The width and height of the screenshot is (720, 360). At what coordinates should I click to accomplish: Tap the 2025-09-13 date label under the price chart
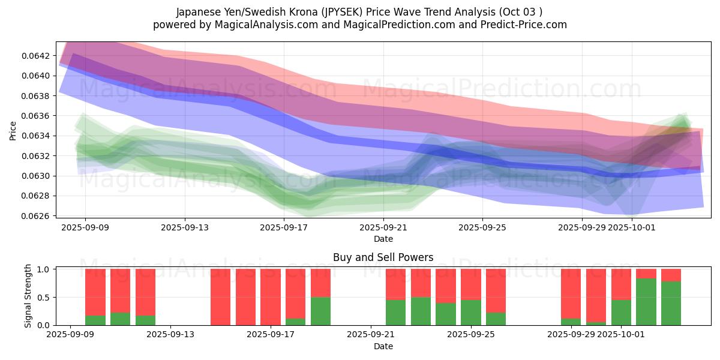click(x=185, y=228)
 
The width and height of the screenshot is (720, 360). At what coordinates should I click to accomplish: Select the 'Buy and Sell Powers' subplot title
click(x=383, y=257)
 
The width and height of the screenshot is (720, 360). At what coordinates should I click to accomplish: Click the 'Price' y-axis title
click(x=13, y=131)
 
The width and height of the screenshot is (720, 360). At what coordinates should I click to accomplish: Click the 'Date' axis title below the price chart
click(x=383, y=239)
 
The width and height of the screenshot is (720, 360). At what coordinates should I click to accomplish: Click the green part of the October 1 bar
click(x=621, y=312)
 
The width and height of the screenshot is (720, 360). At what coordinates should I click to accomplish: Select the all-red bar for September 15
click(x=221, y=297)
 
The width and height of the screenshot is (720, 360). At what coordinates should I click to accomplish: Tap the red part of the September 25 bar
click(x=471, y=284)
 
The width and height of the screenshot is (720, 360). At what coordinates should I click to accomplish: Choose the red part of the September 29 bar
click(x=571, y=293)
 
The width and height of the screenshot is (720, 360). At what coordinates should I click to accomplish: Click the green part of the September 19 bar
click(x=321, y=311)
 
